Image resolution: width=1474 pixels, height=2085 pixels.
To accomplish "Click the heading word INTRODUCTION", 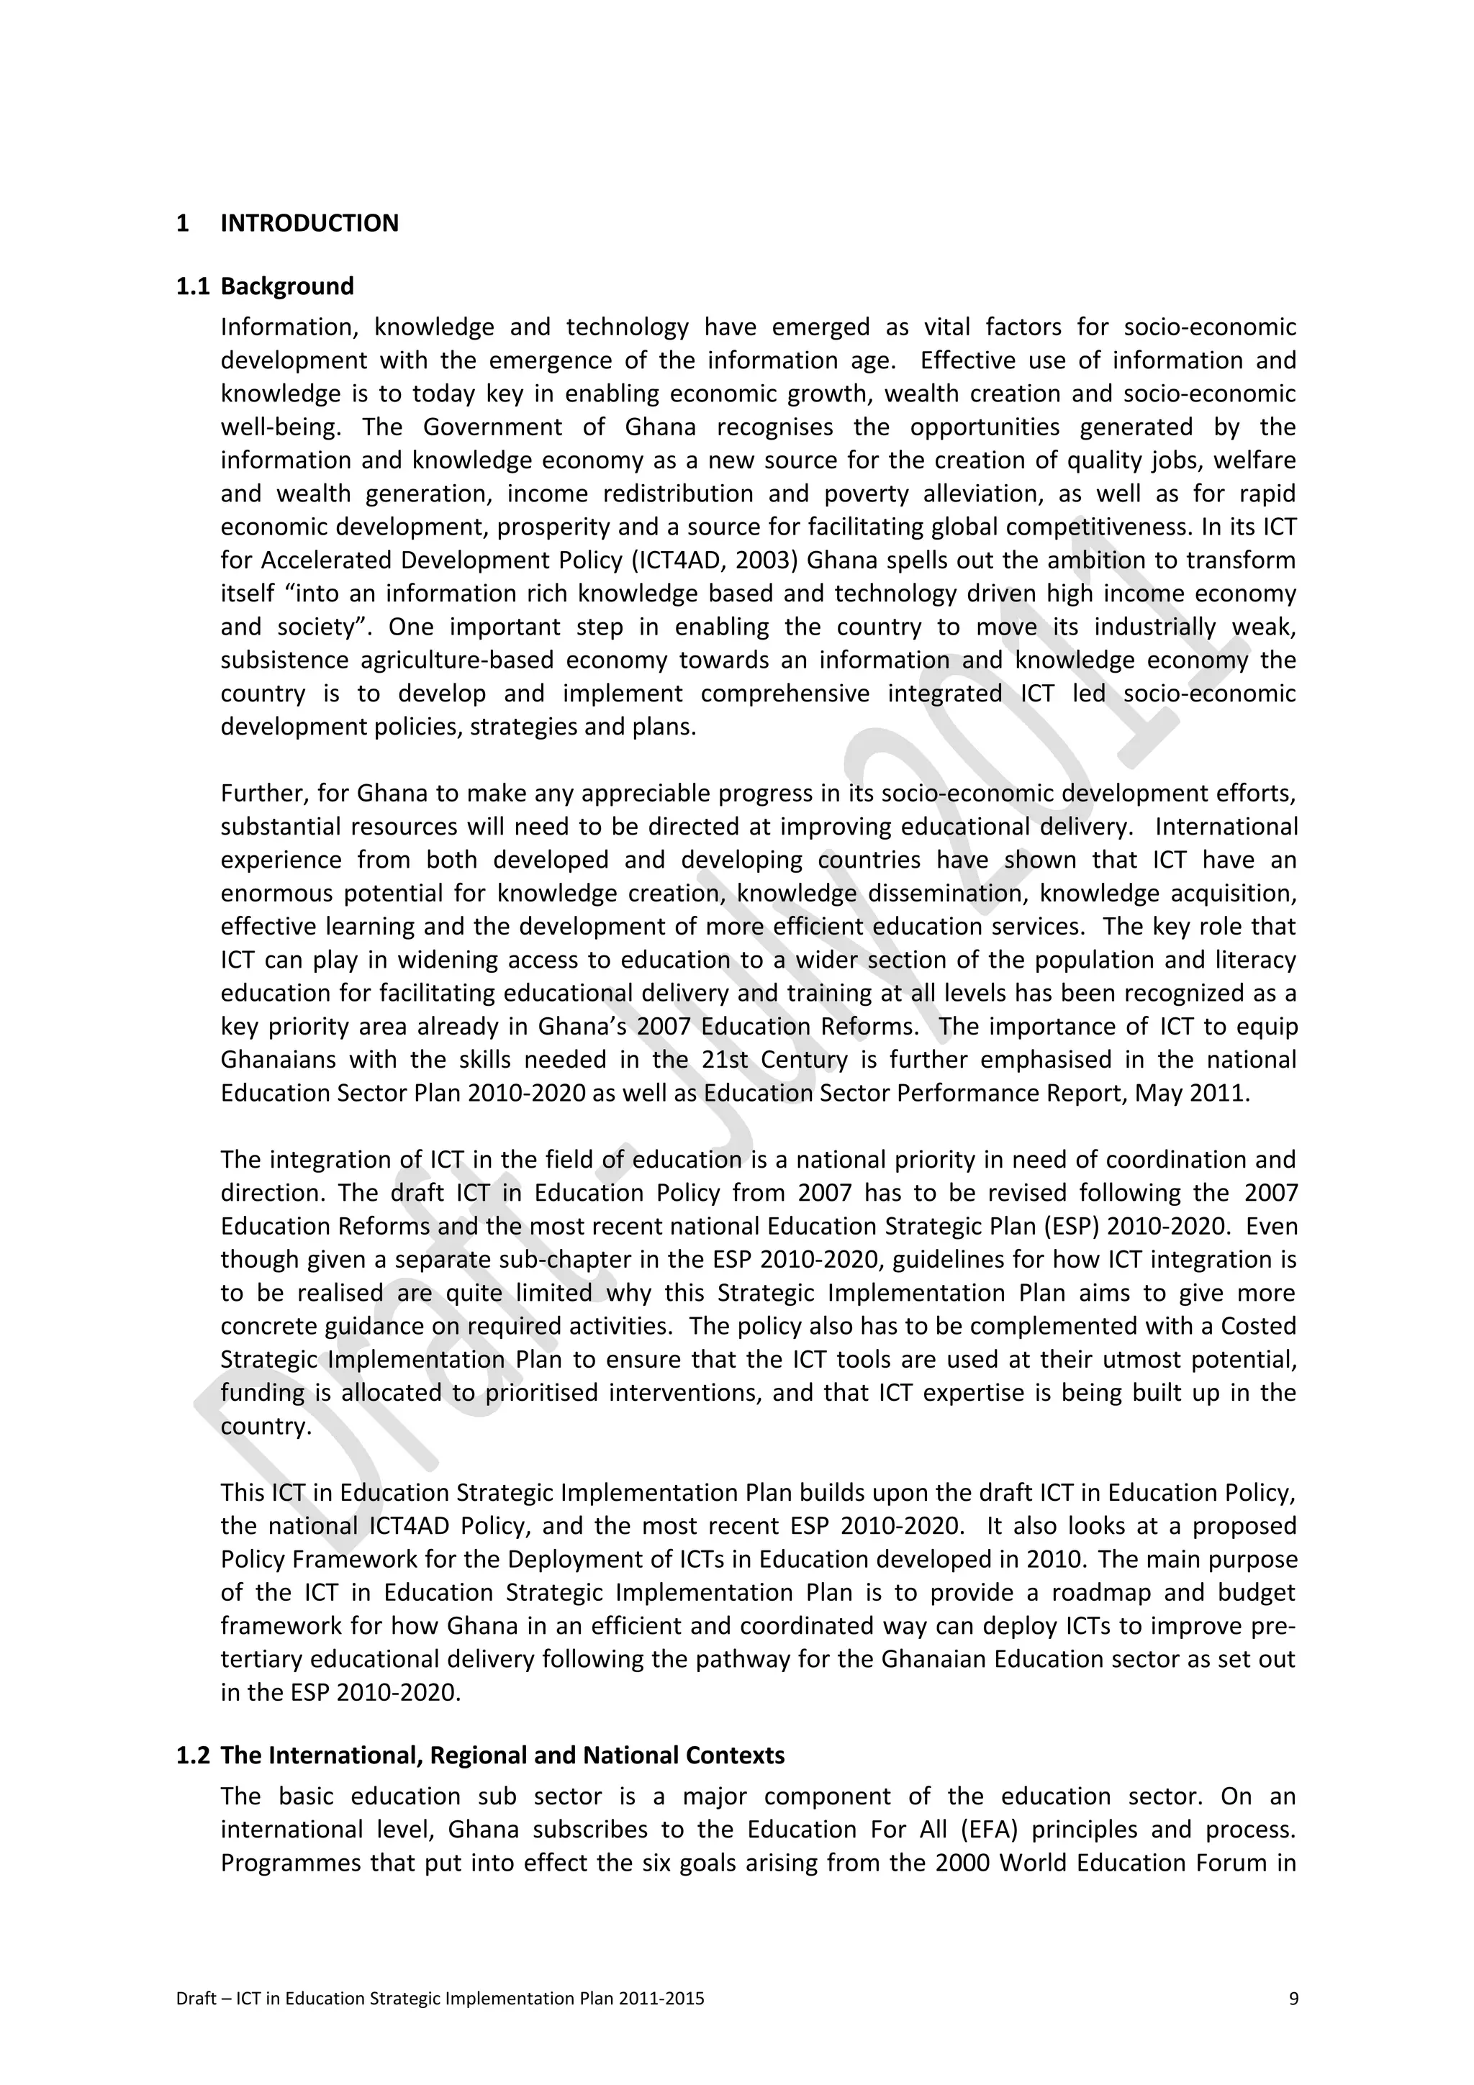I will tap(309, 223).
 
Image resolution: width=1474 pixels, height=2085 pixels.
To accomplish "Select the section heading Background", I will tap(287, 286).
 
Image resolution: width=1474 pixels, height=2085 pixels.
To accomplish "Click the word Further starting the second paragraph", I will tap(263, 794).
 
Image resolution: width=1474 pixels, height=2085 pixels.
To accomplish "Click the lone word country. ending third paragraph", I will tap(266, 1427).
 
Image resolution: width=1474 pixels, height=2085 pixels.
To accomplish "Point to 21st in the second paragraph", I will tap(725, 1060).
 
